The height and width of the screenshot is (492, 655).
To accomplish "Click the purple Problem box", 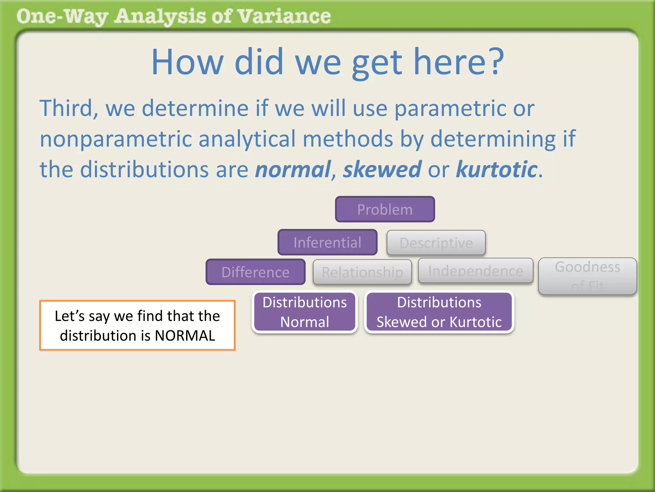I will pyautogui.click(x=385, y=209).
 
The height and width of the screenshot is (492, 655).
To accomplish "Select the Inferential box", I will pyautogui.click(x=327, y=242).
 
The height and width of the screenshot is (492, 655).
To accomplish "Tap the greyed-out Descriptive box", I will pyautogui.click(x=436, y=243).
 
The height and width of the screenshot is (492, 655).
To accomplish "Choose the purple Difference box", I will pyautogui.click(x=255, y=272).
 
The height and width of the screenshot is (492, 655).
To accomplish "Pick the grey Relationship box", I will pyautogui.click(x=362, y=272).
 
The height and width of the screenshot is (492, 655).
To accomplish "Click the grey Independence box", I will pyautogui.click(x=475, y=271).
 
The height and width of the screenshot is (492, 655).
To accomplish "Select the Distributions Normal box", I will pyautogui.click(x=304, y=312).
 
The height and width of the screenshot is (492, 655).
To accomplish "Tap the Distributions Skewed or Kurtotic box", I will pyautogui.click(x=439, y=312).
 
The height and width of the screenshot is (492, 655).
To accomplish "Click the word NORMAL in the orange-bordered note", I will pyautogui.click(x=185, y=336).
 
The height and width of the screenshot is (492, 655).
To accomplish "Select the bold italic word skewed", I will pyautogui.click(x=382, y=169).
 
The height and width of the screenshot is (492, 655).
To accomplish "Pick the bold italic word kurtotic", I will pyautogui.click(x=496, y=169).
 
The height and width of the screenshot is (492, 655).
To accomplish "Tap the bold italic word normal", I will pyautogui.click(x=293, y=169).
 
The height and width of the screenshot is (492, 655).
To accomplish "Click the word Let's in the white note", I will pyautogui.click(x=69, y=316).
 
